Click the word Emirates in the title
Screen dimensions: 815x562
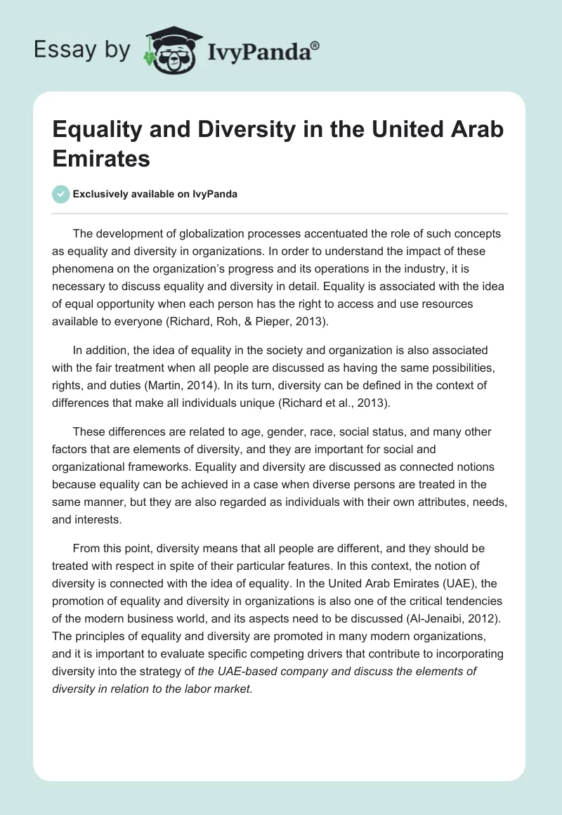tap(102, 158)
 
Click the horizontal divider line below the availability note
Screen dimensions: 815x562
tap(281, 213)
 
